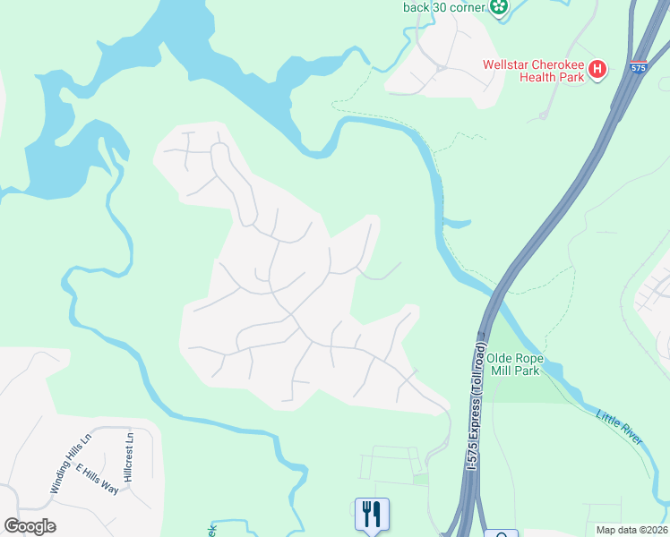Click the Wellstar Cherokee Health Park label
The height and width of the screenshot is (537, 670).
click(533, 71)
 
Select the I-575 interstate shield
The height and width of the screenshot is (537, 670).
click(638, 67)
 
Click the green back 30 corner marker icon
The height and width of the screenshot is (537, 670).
click(499, 7)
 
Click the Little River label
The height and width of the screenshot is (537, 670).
click(620, 425)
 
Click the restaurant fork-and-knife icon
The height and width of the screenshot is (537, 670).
click(372, 514)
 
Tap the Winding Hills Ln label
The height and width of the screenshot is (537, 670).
click(71, 465)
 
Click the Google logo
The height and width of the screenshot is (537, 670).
click(30, 526)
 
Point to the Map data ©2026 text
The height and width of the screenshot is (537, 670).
click(631, 530)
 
